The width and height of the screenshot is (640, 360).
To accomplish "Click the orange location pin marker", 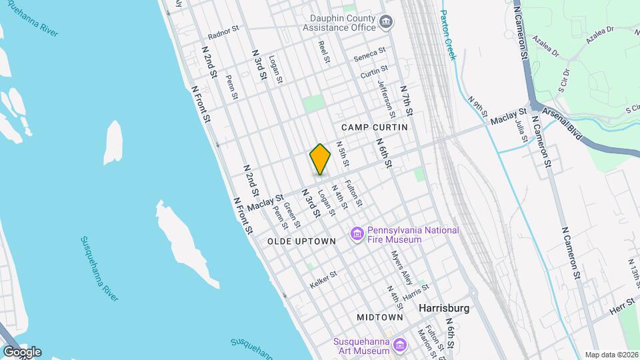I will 320,159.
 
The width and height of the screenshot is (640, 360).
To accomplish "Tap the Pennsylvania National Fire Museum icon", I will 357,235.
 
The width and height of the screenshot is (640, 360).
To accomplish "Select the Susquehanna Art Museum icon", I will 399,345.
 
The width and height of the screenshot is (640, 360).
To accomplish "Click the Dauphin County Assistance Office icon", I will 385,23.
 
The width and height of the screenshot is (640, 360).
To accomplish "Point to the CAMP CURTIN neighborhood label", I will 374,127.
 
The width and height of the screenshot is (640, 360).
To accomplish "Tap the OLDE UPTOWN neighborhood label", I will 301,241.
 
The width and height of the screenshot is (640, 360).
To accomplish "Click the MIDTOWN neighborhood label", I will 379,317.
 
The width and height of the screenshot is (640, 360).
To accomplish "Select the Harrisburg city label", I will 443,309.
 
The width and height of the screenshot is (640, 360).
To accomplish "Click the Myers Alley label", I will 402,267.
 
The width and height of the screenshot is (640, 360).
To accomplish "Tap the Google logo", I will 21,351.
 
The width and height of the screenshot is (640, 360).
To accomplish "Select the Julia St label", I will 521,131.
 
